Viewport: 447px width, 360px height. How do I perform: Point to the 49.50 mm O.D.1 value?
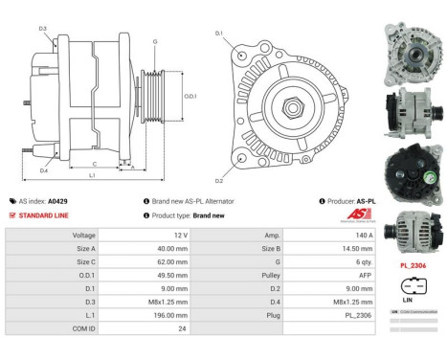coord(146,275)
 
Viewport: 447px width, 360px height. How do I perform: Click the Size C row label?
coord(85,261)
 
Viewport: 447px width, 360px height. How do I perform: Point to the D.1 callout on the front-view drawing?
coord(219,34)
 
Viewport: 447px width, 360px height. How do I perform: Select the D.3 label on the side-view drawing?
coord(43,29)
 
